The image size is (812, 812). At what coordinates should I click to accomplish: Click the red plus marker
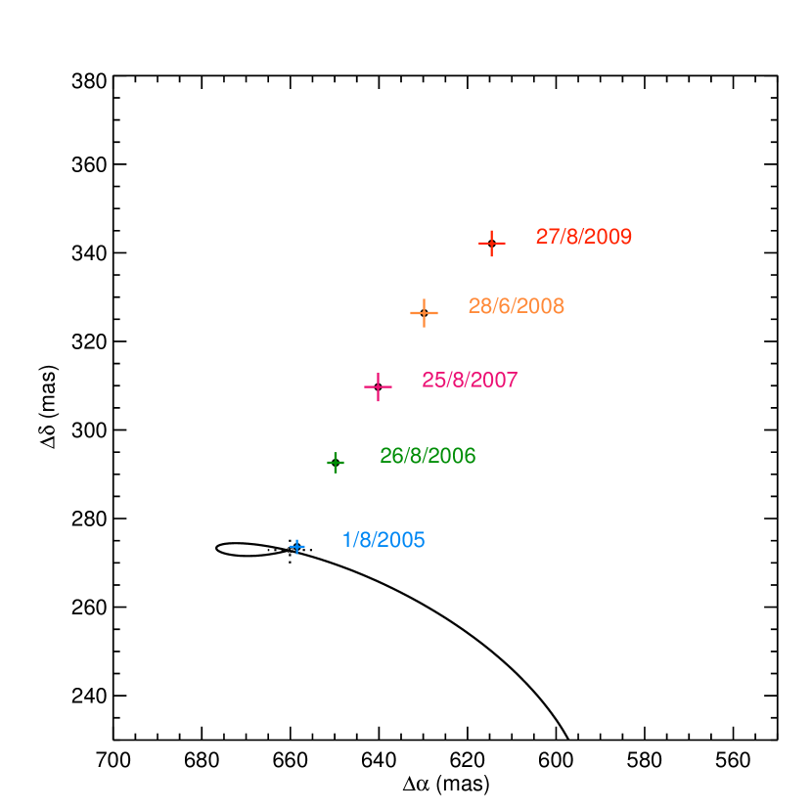click(x=492, y=244)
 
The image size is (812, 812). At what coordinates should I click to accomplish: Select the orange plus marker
click(x=424, y=313)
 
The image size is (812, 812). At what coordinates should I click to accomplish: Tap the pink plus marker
click(x=378, y=387)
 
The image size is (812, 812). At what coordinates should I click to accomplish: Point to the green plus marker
click(x=336, y=463)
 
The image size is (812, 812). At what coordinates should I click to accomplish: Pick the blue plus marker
click(x=297, y=547)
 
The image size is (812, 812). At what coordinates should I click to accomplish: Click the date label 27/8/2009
click(x=583, y=237)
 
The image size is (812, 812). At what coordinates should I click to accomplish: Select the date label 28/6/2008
click(x=516, y=306)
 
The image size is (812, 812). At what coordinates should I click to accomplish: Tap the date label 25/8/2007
click(x=470, y=380)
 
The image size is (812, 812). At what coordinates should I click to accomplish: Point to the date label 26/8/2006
click(x=428, y=456)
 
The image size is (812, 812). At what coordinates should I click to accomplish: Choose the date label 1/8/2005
click(x=383, y=540)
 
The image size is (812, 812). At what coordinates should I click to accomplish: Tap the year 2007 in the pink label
click(x=496, y=380)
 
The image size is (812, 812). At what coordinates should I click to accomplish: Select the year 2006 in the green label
click(x=454, y=456)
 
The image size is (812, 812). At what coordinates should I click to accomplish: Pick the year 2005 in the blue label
click(x=403, y=540)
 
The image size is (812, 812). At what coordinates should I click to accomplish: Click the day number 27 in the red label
click(x=546, y=237)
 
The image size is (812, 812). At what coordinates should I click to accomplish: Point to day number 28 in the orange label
click(x=478, y=306)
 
